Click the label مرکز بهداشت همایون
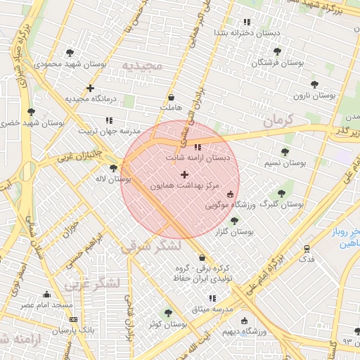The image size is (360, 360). (x=184, y=186)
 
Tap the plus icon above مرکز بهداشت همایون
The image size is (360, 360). (x=184, y=174)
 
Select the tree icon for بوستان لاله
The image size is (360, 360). (x=114, y=167)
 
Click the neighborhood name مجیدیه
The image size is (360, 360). (x=143, y=65)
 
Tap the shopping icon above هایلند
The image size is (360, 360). (x=172, y=97)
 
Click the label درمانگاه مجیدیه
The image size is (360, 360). (x=90, y=99)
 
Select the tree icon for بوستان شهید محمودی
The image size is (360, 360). (x=69, y=52)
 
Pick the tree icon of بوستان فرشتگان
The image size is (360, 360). (x=277, y=51)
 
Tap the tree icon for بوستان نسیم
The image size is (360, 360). (x=285, y=152)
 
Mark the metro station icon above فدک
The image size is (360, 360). (x=307, y=248)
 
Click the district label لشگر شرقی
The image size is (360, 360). (x=150, y=247)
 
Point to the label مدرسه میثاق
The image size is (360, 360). (x=212, y=309)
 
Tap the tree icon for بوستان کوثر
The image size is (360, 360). (x=167, y=313)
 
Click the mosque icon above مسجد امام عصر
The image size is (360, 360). (x=46, y=294)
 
